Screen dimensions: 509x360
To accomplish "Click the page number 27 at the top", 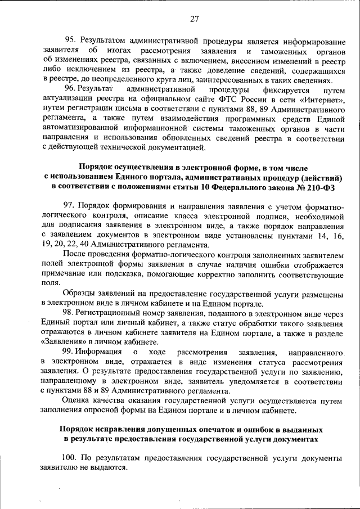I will coord(195,19).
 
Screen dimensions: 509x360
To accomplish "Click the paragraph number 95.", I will coord(69,40).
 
